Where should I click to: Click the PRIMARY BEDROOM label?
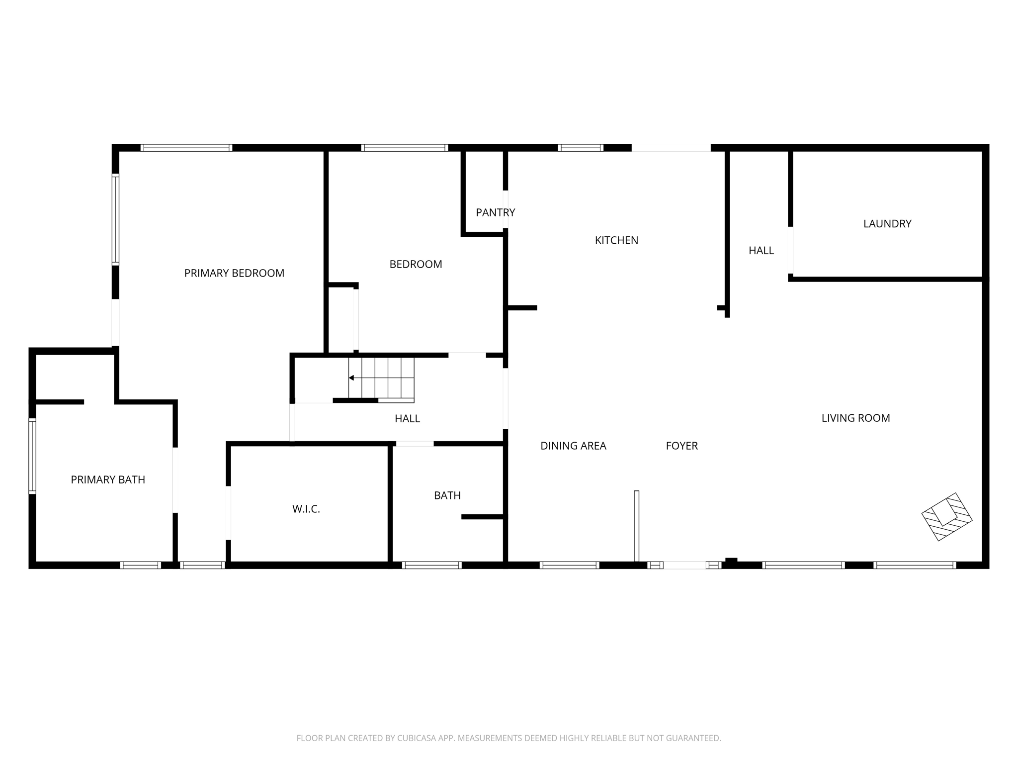coord(234,273)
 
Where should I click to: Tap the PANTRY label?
coord(495,212)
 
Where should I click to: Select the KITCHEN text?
coord(616,240)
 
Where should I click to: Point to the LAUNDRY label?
coord(887,224)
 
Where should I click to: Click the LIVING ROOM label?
coord(855,418)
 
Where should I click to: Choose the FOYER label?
coord(681,446)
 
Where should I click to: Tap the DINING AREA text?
coord(573,446)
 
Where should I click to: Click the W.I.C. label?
coord(306,509)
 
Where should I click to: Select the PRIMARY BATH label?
coord(108,479)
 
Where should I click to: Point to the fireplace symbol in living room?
coord(946,517)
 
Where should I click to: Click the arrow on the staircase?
coord(351,378)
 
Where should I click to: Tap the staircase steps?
coord(388,378)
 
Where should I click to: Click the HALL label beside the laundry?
coord(761,251)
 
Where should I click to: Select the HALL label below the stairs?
coord(407,419)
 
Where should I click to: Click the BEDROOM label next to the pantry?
coord(416,264)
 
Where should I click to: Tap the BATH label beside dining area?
coord(447,495)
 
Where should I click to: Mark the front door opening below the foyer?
coord(684,565)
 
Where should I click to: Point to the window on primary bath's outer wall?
coord(32,456)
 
